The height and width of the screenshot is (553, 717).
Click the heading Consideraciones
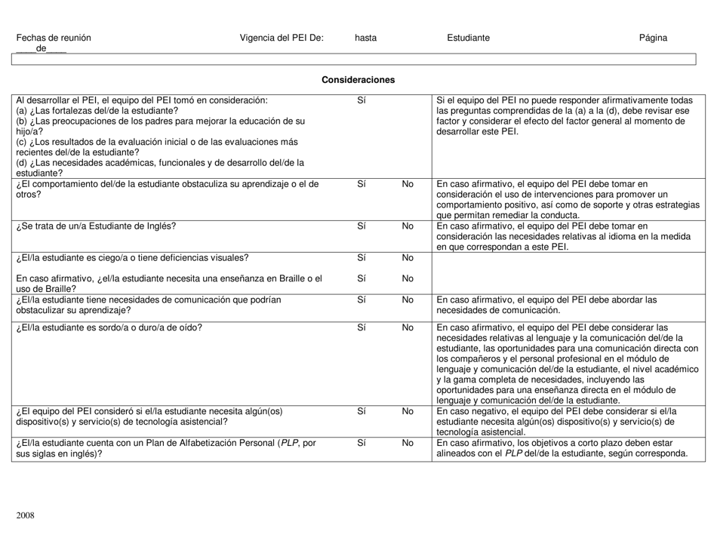tap(358, 79)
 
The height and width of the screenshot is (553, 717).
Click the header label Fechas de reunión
tap(54, 38)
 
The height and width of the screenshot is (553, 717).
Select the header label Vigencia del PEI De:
tap(281, 38)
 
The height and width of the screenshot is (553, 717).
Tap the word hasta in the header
tap(365, 38)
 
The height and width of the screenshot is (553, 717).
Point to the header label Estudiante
tap(468, 38)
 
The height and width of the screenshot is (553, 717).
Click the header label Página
tap(653, 38)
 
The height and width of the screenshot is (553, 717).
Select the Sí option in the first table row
tap(361, 99)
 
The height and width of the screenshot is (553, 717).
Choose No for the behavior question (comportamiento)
tap(408, 183)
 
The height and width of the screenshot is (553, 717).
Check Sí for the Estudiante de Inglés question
tap(361, 225)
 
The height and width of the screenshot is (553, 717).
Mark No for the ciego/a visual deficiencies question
tap(408, 258)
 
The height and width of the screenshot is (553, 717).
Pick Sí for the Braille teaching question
tap(361, 278)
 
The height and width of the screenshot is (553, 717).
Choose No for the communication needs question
tap(408, 300)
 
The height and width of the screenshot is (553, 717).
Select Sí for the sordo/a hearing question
tap(361, 327)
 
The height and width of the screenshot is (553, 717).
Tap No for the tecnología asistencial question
tap(408, 411)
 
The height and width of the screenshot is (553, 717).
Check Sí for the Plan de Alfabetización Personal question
tap(361, 443)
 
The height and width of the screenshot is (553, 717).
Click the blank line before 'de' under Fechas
tap(25, 49)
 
